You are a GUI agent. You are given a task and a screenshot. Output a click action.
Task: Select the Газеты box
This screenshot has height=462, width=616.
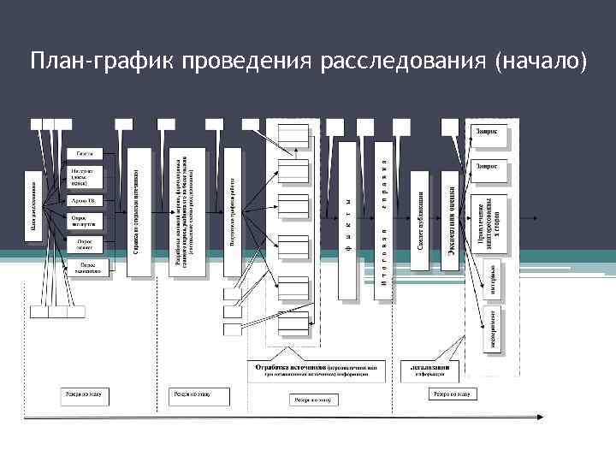point(85,154)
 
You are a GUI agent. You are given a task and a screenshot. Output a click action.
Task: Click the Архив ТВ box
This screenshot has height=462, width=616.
point(85,200)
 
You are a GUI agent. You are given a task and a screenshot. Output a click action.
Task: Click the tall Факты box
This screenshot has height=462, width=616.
point(347,218)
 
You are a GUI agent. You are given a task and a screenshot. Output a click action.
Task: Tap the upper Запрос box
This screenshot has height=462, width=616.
point(489,133)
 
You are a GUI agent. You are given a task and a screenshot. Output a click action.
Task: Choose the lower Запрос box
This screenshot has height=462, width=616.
point(489,167)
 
